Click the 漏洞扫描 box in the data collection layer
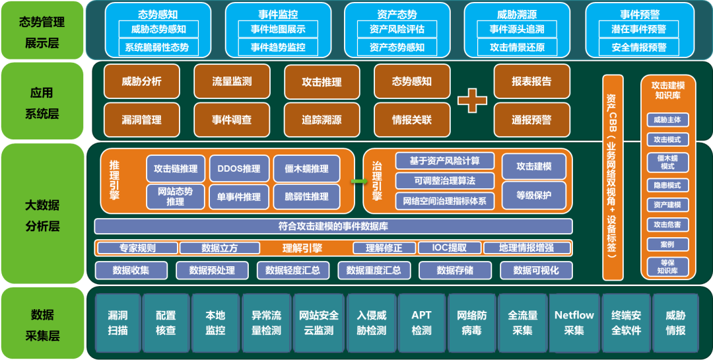118,322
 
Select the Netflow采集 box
574,322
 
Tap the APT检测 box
421,322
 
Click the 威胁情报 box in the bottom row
675,322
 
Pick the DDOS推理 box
238,168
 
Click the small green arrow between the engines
358,180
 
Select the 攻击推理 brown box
322,82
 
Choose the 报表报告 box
531,82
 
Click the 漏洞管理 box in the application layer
141,120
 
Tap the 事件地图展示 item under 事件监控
278,29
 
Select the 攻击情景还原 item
517,48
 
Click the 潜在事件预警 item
638,29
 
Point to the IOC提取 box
449,248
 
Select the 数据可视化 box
535,270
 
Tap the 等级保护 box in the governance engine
534,195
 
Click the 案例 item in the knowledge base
667,244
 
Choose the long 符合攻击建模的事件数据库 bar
333,227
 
